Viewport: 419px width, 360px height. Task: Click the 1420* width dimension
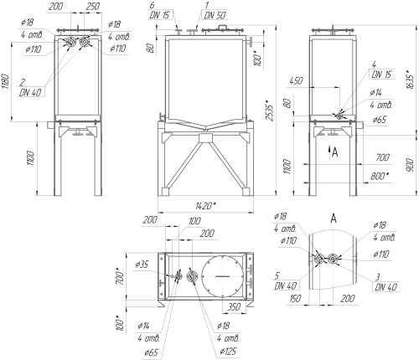click(x=205, y=206)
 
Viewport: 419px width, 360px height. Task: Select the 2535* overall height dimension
click(x=270, y=110)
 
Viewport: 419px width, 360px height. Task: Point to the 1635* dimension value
click(x=410, y=80)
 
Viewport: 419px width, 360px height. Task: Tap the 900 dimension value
click(x=410, y=165)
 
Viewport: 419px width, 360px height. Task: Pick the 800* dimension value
click(x=380, y=177)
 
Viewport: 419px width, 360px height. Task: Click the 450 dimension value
click(x=296, y=80)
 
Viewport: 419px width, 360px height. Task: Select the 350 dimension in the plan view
click(x=233, y=306)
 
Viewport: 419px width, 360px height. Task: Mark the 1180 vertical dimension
click(x=6, y=81)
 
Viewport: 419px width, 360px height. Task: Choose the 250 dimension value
click(x=93, y=6)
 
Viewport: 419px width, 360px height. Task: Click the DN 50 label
click(x=215, y=15)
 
